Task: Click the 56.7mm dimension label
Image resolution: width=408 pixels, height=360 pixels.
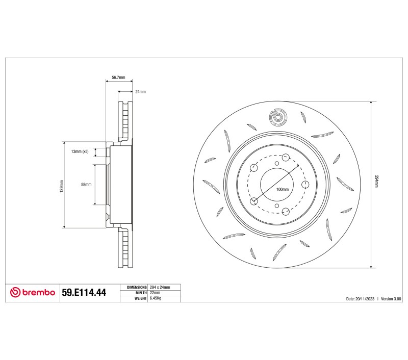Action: tap(118, 78)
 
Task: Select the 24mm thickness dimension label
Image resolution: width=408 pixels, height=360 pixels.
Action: tap(141, 92)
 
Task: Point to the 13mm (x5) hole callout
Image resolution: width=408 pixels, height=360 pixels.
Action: tap(80, 151)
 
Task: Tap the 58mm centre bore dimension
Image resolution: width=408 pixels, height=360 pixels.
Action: tap(86, 185)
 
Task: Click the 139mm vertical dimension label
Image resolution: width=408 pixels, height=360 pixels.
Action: tap(62, 186)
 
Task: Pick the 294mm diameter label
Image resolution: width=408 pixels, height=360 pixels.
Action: tap(376, 181)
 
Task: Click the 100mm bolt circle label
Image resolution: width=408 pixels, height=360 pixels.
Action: tap(283, 189)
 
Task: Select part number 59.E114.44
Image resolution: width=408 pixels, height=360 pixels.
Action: tap(84, 292)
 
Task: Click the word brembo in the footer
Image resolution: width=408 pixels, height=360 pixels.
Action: tap(39, 292)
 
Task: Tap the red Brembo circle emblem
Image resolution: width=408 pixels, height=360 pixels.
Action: tap(15, 292)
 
